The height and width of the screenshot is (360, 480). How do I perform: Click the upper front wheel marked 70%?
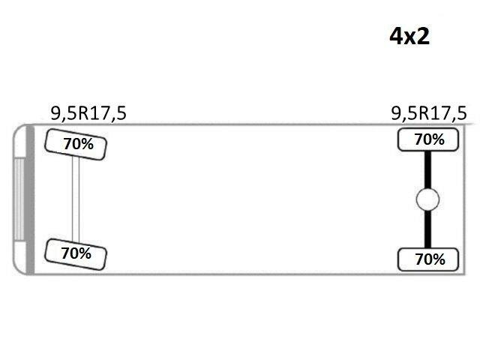click(76, 145)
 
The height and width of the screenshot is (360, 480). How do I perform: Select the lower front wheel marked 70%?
click(76, 254)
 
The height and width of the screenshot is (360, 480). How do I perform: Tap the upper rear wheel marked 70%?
click(428, 140)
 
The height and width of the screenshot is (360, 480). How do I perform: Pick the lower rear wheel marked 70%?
click(428, 259)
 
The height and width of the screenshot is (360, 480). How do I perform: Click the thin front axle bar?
click(76, 199)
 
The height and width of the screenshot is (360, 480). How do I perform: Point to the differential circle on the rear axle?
click(427, 199)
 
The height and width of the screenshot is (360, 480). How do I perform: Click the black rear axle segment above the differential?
click(427, 170)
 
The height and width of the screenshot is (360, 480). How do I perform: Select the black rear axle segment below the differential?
click(427, 229)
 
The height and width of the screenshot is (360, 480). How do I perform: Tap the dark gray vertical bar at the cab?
click(30, 199)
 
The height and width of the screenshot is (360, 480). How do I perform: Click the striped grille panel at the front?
click(19, 199)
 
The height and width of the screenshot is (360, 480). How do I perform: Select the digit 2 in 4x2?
click(422, 36)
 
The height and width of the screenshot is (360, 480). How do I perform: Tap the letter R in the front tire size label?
click(84, 113)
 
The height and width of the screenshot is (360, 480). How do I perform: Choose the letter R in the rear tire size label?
click(424, 113)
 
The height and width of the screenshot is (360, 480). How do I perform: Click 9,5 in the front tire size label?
click(64, 113)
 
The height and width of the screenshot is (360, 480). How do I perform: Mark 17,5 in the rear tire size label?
click(449, 113)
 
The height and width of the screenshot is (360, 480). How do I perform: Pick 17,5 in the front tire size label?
click(109, 113)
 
